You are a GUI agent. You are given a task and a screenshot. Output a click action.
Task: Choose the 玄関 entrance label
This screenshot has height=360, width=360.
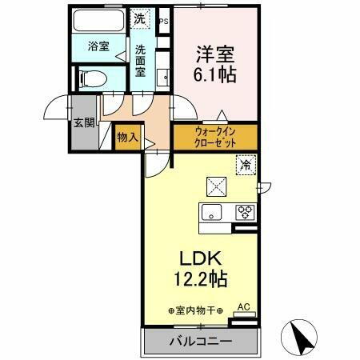pyautogui.click(x=84, y=123)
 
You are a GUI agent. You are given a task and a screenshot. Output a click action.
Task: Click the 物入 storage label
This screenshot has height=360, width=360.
pyautogui.click(x=127, y=138)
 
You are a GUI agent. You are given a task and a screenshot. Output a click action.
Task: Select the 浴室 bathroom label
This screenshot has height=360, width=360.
pyautogui.click(x=98, y=47)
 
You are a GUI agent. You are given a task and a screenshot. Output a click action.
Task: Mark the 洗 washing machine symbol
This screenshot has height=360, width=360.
pyautogui.click(x=140, y=18)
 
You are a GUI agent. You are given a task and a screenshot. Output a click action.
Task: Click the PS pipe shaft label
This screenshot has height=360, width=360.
pyautogui.click(x=164, y=22)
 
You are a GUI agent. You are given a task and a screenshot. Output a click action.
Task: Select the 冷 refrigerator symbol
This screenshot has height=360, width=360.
pyautogui.click(x=245, y=165)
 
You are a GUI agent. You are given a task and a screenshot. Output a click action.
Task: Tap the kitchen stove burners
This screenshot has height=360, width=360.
pyautogui.click(x=244, y=213)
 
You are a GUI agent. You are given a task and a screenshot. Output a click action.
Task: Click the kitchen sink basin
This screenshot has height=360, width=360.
pyautogui.click(x=213, y=213)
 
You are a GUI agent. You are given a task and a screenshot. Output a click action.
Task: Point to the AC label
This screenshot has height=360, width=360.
pyautogui.click(x=246, y=306)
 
